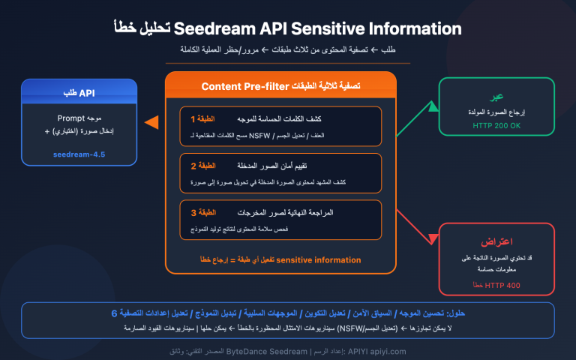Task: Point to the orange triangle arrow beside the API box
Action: tap(151, 121)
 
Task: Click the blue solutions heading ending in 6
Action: tap(288, 314)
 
